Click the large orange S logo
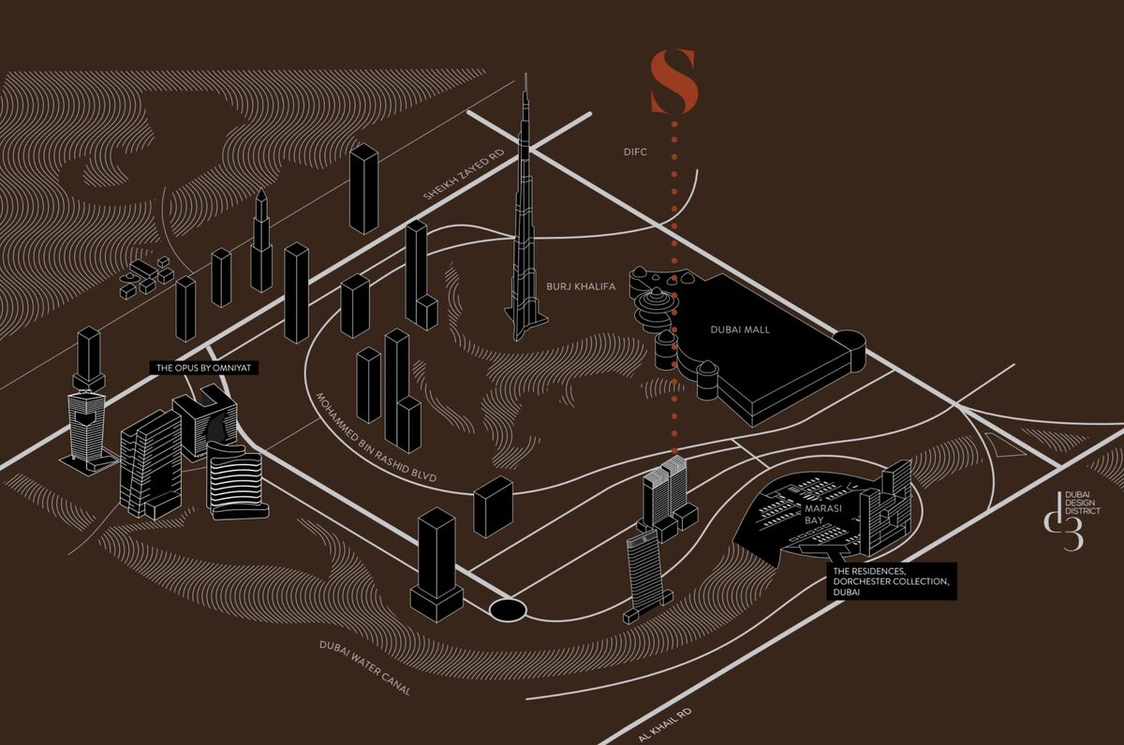[x=673, y=81]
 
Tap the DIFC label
[x=635, y=152]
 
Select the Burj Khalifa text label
[x=581, y=286]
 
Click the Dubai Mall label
[x=740, y=329]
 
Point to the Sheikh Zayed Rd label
[x=463, y=174]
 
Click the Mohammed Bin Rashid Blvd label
[x=376, y=437]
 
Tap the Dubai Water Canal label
[x=365, y=668]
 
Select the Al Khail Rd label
[x=665, y=725]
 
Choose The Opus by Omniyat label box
[x=204, y=368]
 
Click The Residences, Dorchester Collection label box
[x=892, y=581]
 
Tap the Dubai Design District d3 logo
[x=1072, y=519]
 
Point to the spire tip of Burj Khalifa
[x=525, y=74]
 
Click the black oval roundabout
[x=508, y=609]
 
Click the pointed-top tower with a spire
[x=261, y=241]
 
